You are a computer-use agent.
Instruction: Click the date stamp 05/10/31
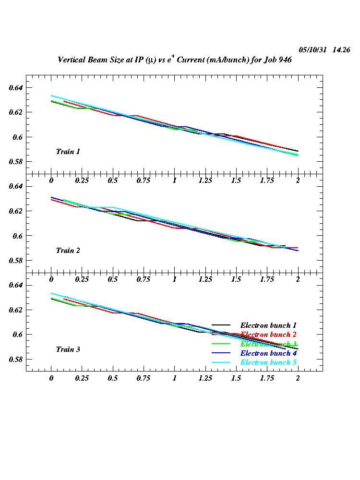[313, 50]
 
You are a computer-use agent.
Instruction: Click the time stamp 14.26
[341, 50]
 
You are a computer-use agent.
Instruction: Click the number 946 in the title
[285, 60]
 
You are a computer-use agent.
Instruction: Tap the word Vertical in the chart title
[72, 60]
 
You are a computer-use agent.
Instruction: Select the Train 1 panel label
[68, 152]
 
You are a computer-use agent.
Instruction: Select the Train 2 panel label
[68, 251]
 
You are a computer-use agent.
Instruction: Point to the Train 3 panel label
[68, 349]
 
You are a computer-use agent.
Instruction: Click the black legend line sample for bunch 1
[222, 325]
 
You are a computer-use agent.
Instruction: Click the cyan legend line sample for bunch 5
[222, 362]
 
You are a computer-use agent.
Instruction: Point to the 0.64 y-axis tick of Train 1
[16, 88]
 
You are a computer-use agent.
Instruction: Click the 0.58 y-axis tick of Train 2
[16, 261]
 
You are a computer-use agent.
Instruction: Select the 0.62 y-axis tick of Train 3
[16, 310]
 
